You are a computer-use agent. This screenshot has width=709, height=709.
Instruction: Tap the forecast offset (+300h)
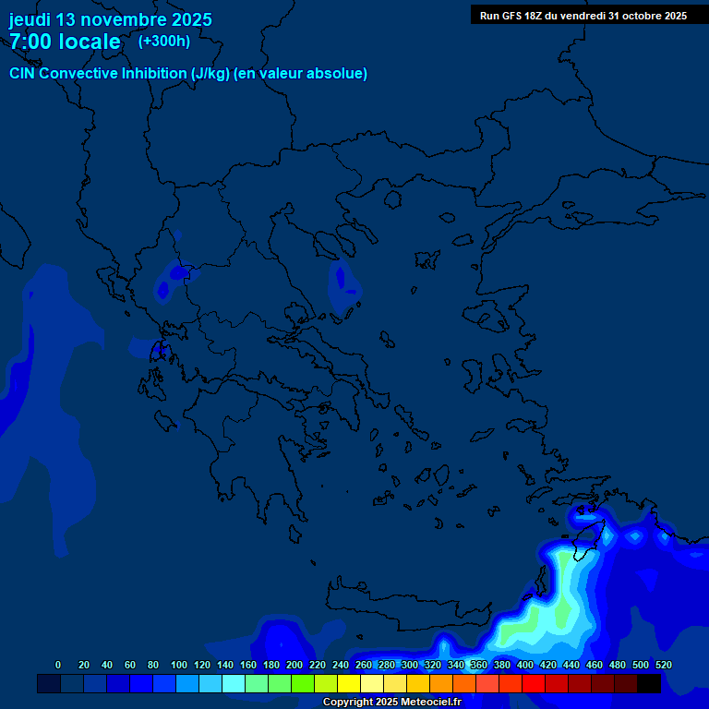click(x=164, y=41)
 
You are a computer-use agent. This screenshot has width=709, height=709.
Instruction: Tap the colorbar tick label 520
click(x=663, y=665)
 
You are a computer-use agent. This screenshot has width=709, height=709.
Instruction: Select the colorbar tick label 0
click(x=58, y=665)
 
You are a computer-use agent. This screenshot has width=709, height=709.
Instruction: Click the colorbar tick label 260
click(x=363, y=665)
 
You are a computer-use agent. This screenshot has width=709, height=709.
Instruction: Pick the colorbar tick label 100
click(x=179, y=665)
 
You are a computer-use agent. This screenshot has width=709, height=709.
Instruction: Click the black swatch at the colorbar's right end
click(x=649, y=683)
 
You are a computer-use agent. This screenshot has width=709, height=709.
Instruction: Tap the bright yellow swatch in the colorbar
click(x=348, y=683)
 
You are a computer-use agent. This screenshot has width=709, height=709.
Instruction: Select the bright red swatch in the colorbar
click(x=534, y=683)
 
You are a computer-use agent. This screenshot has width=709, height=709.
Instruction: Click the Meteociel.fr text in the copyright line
click(x=425, y=703)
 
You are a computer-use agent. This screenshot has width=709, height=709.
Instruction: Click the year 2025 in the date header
click(x=190, y=19)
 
